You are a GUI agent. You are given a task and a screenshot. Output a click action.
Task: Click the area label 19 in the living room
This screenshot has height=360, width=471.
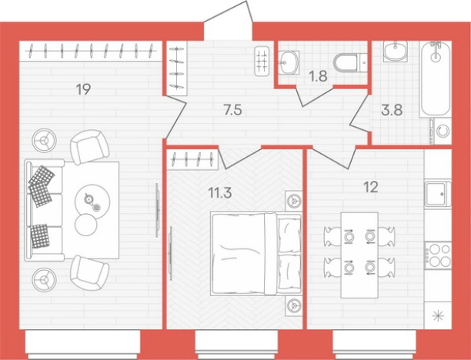point(83,89)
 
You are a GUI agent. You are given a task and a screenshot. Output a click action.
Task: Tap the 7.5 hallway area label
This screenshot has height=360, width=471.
point(232,110)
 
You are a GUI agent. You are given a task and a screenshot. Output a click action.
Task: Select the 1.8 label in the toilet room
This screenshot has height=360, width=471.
point(318,76)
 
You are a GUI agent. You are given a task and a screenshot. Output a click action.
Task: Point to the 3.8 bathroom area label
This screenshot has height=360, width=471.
point(392,110)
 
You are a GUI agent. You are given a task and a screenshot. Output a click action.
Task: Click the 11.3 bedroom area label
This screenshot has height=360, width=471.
point(220,193)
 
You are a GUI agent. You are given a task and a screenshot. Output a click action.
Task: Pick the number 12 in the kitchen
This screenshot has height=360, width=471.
point(371,188)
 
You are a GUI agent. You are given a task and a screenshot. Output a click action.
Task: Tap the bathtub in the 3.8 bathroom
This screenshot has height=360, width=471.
point(436,79)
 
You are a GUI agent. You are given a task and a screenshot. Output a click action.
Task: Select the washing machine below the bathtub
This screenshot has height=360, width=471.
point(441,131)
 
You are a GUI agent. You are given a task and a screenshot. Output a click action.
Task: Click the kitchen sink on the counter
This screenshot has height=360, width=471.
point(438,194)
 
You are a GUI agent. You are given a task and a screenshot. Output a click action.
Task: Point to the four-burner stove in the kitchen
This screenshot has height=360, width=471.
point(439,255)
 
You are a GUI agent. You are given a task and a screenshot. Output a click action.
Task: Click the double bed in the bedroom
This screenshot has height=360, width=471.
point(256,254)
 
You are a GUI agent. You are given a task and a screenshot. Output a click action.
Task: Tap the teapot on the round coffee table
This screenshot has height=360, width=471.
point(89,198)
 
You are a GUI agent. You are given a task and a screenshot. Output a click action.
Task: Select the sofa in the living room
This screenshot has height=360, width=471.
point(45,210)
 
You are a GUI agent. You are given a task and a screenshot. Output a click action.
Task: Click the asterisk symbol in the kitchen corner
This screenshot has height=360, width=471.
point(438,316)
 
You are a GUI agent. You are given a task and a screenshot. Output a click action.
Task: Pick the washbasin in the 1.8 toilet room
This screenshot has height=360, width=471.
point(289,63)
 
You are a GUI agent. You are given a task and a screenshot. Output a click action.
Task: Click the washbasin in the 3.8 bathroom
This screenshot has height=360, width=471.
point(395,52)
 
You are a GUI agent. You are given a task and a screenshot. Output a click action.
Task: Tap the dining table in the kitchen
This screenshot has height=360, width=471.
point(359,255)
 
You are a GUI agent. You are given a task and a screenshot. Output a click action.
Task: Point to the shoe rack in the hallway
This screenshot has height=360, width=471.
point(177,68)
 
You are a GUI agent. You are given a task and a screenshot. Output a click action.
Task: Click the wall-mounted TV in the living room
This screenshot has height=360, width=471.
point(157,210)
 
